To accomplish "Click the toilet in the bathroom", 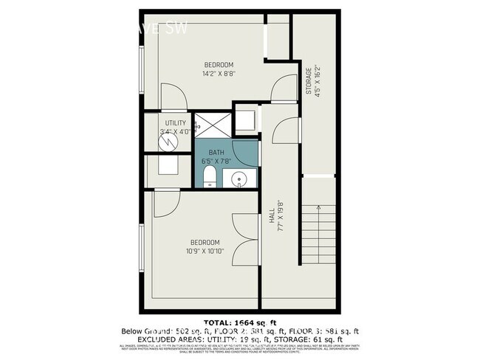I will coord(209,176).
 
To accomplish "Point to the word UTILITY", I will coord(175,123).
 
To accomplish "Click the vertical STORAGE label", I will coord(309,81).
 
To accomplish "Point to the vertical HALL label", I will coord(272,212).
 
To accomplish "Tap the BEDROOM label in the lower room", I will coord(205,243).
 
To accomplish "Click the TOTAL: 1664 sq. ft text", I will coord(239,322).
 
